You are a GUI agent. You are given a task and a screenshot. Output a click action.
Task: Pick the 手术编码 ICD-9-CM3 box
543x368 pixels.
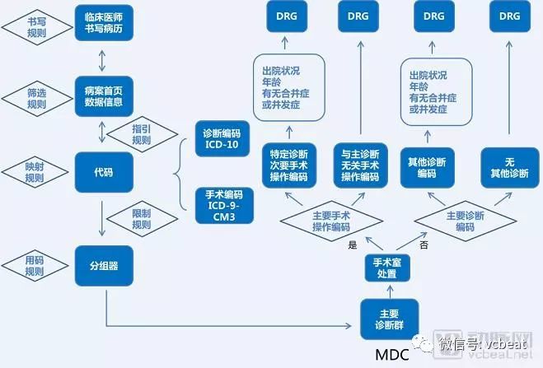coord(220,206)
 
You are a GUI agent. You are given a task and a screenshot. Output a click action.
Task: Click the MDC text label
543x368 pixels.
coord(392,355)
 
